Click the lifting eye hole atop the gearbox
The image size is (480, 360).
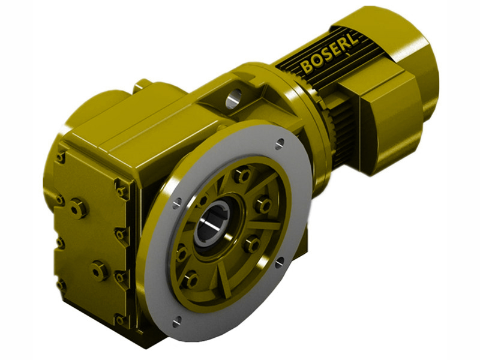234,95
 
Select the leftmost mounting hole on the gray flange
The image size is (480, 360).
175,205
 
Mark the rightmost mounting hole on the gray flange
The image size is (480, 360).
280,262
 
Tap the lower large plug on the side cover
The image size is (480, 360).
98,270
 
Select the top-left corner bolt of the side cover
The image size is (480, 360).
60,157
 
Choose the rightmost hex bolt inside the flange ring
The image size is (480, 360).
263,205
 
